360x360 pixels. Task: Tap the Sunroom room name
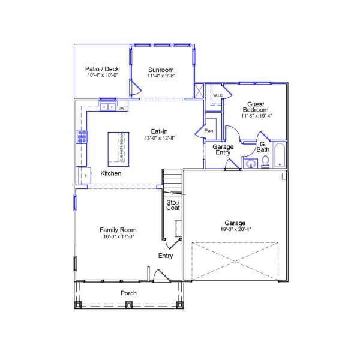[x=161, y=70]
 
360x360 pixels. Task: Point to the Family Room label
[x=118, y=230]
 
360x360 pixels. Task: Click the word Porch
[x=128, y=293]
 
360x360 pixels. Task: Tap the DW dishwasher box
[x=121, y=109]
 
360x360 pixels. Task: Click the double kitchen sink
[x=108, y=108]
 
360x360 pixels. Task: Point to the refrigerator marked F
[x=82, y=175]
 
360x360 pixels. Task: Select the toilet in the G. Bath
[x=264, y=162]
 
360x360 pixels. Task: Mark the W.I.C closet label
[x=217, y=94]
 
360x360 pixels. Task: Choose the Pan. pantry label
[x=209, y=130]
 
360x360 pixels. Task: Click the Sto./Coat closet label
[x=173, y=204]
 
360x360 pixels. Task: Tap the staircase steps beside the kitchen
[x=172, y=179]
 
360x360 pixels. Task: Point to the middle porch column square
[x=128, y=304]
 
